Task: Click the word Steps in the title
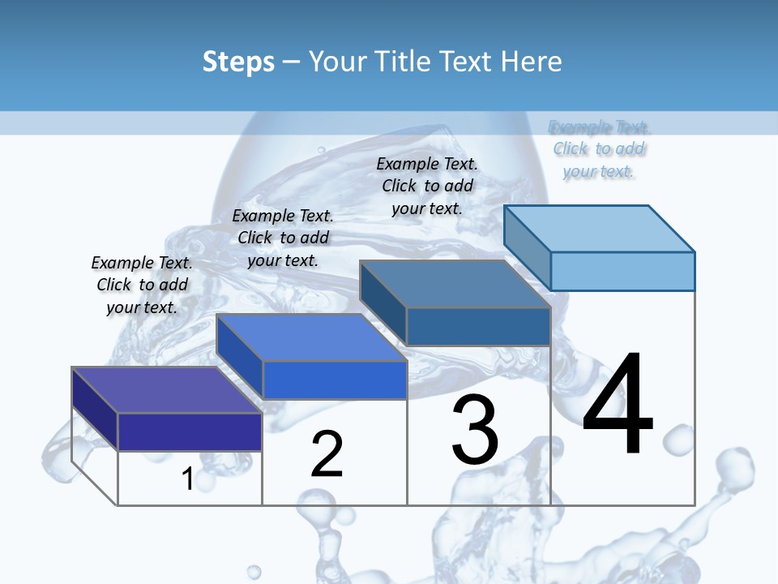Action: coord(238,62)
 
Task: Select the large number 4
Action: coord(618,405)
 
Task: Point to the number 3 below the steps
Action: coord(475,430)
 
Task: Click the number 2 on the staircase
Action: coord(327,454)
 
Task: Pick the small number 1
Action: coord(187,479)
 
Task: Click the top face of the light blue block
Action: coord(600,229)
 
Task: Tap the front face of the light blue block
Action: coord(622,271)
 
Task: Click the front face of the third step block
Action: coord(478,326)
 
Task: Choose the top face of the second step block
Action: coord(311,337)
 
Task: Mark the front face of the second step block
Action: coord(334,380)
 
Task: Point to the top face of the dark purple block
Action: coord(167,390)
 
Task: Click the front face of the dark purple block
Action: coord(190,432)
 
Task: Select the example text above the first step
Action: coord(142,285)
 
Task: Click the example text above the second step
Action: coord(283,238)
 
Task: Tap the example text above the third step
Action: coord(427,186)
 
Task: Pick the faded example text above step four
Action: coord(599,149)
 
